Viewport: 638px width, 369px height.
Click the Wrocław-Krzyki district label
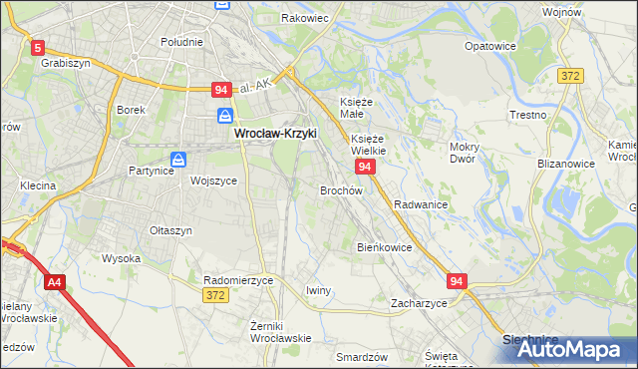[274, 132]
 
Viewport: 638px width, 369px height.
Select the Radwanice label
[420, 203]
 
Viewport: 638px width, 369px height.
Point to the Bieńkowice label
[384, 246]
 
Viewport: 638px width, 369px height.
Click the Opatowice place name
[491, 46]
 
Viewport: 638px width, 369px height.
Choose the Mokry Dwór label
[465, 153]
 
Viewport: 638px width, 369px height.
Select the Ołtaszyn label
[169, 230]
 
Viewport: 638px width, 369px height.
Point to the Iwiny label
[318, 290]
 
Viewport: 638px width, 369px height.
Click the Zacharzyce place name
[419, 303]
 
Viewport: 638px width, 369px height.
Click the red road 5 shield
[38, 47]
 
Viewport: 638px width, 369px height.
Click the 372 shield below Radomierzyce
[214, 295]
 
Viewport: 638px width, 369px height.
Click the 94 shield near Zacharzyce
[458, 282]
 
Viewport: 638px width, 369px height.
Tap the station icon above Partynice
[177, 159]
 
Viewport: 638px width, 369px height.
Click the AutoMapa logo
[569, 349]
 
